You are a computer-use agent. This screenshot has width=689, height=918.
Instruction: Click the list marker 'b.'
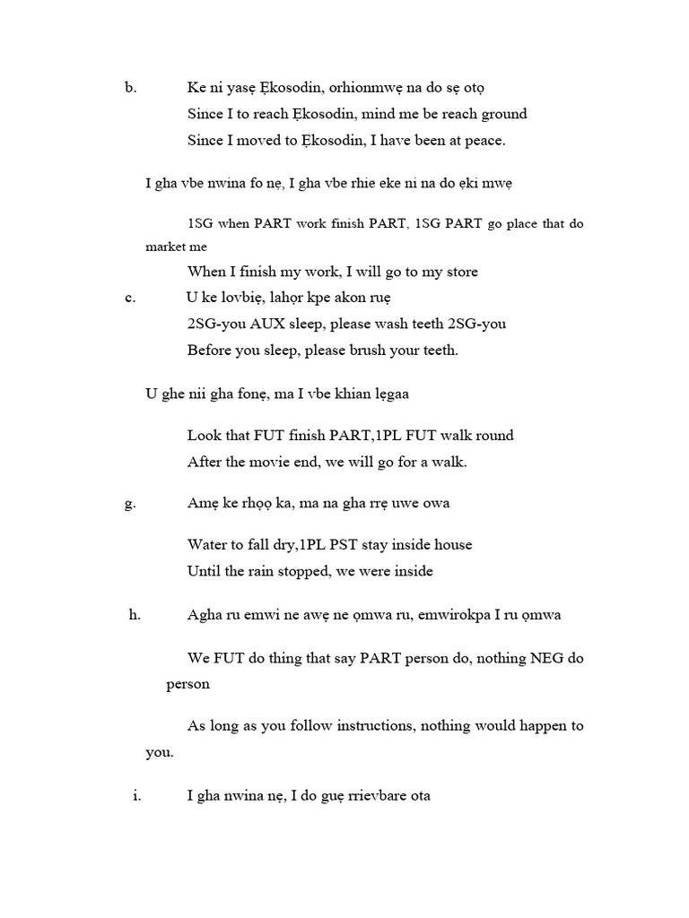click(x=130, y=88)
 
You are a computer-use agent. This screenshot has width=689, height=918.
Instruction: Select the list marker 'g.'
click(x=130, y=504)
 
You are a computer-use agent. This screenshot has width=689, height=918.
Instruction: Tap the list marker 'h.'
click(x=135, y=614)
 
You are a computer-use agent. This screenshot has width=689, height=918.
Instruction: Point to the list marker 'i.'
click(x=137, y=795)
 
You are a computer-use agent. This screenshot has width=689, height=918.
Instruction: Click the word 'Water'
click(x=208, y=544)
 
